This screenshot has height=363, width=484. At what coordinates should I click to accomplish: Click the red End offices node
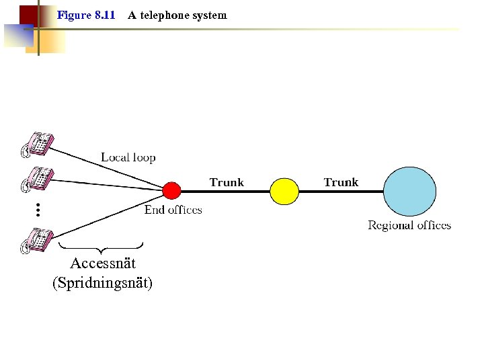click(x=171, y=190)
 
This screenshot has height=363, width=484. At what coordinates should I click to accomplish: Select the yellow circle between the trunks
click(x=284, y=190)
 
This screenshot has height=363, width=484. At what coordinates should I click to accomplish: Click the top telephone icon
click(x=37, y=144)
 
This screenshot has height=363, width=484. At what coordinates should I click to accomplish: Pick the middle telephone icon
click(x=37, y=179)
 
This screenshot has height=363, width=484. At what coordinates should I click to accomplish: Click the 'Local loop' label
click(x=128, y=158)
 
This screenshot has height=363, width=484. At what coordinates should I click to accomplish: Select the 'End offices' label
click(x=173, y=210)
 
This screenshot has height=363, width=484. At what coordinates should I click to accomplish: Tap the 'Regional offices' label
click(x=409, y=225)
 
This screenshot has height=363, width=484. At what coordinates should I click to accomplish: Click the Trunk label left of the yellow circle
click(x=227, y=182)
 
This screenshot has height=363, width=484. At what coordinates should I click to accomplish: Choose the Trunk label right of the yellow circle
click(x=341, y=182)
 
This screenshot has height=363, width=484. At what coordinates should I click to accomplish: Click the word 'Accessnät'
click(x=103, y=263)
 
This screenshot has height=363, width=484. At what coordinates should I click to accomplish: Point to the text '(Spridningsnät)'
click(x=102, y=283)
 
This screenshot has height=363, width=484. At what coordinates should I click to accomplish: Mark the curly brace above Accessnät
click(x=101, y=246)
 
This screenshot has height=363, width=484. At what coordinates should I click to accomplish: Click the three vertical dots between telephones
click(x=38, y=210)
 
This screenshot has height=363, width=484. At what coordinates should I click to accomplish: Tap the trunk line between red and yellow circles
click(x=226, y=191)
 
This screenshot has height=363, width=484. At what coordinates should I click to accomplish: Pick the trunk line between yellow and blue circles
click(x=341, y=191)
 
